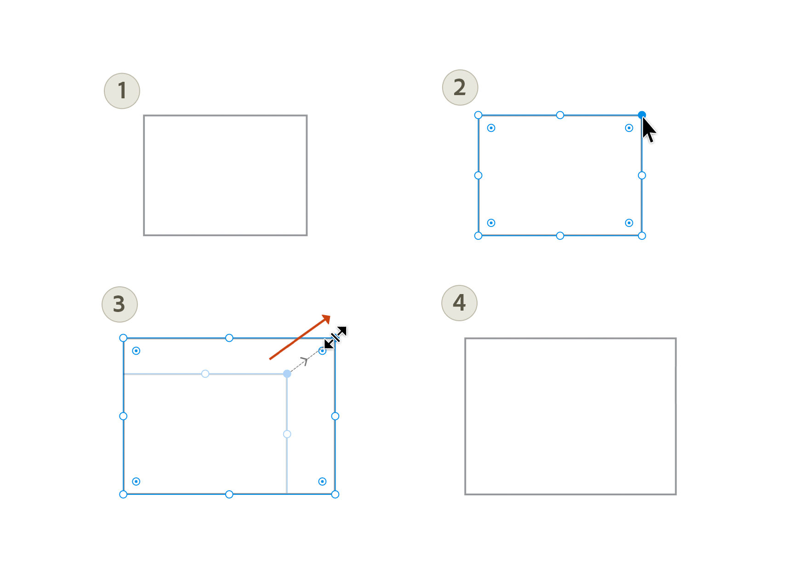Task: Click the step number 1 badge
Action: (122, 91)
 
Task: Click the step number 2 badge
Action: (460, 87)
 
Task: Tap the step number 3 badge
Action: (120, 304)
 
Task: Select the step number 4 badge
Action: (459, 303)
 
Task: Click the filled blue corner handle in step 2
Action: (642, 115)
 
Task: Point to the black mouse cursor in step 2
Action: (649, 130)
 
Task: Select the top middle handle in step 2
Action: (560, 115)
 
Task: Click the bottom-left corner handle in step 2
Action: (478, 236)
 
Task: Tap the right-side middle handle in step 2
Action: (642, 176)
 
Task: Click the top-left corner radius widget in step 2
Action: (491, 128)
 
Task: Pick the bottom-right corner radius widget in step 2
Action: (629, 223)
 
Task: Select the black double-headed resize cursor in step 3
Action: (335, 338)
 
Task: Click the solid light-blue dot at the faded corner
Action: (287, 374)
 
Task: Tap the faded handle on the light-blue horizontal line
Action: (205, 374)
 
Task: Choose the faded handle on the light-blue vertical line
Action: (287, 434)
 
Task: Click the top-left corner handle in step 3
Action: (123, 338)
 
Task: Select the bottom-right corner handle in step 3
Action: (335, 494)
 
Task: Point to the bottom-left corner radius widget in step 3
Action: (136, 482)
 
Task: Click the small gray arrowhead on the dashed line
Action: (305, 361)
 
